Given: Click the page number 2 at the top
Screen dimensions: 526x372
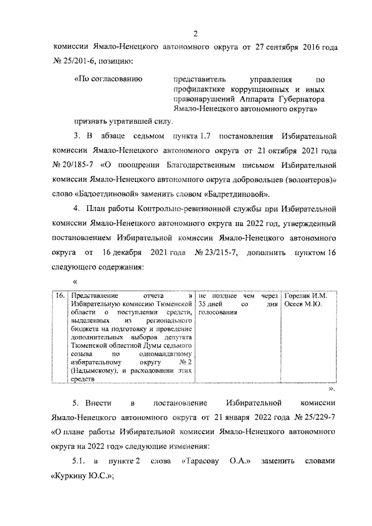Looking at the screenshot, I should click(x=196, y=33).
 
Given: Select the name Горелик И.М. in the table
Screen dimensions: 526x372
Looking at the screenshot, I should click(x=305, y=296).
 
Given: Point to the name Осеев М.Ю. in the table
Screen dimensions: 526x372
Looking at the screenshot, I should click(x=302, y=304).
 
